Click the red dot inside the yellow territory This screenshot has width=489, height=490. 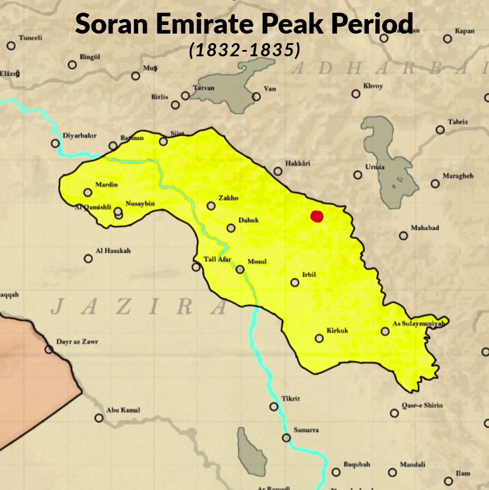coord(317,216)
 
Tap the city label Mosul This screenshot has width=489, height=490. coord(257,262)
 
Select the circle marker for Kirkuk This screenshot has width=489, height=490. coord(319,338)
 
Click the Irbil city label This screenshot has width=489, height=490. coord(309,275)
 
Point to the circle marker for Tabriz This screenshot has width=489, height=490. coord(440,130)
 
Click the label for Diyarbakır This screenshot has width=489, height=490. coord(79,136)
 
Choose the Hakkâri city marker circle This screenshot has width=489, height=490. coord(278,171)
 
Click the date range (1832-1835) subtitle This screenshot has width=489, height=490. coord(244,50)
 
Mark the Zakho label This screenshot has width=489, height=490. coord(228,198)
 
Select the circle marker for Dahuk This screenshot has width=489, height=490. coord(231,228)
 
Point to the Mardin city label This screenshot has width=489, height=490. coord(106,185)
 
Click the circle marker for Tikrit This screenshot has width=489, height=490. coord(274,407)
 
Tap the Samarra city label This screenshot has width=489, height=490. coord(306,430)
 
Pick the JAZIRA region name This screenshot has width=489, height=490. coord(139,306)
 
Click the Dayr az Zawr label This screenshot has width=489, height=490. coord(77,342)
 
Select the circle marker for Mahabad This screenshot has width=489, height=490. coord(403,236)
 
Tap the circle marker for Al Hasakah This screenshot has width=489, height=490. coord(88,258)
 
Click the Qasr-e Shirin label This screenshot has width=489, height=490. coord(422,406)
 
